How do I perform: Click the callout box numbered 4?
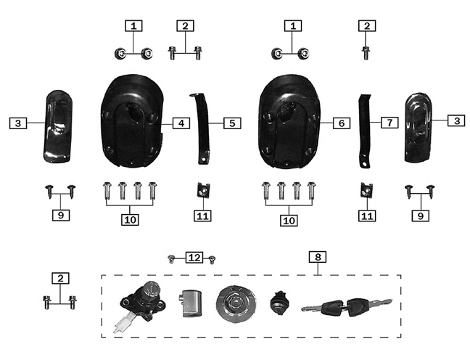point(181,123)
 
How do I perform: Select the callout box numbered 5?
point(232,123)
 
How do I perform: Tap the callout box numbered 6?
point(342,123)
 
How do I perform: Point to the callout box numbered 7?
point(389,123)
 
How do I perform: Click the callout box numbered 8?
point(318,257)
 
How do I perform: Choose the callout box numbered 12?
point(194,258)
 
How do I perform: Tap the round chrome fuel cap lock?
point(236,304)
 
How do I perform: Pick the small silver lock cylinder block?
point(190,303)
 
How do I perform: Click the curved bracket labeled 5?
point(200,128)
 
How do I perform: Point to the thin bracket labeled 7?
point(365,131)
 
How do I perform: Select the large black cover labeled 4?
point(133,121)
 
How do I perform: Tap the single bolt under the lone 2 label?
point(366,53)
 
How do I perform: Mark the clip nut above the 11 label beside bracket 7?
point(366,189)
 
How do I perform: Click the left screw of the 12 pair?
point(171,259)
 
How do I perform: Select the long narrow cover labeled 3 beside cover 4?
point(58,126)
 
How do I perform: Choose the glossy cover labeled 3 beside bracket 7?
point(419,127)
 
